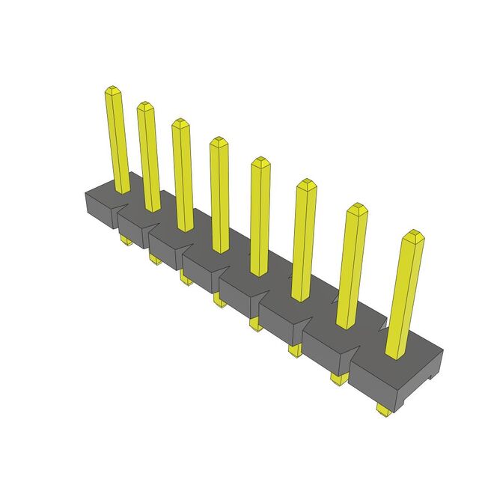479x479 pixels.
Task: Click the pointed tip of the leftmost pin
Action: click(112, 91)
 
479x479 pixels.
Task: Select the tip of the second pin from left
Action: click(144, 106)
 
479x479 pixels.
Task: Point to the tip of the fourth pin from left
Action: click(218, 141)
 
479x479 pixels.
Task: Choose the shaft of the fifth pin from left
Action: click(259, 217)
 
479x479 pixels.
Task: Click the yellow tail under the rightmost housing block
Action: click(382, 409)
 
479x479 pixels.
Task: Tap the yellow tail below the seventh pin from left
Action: click(338, 379)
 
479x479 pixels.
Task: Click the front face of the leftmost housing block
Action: click(97, 211)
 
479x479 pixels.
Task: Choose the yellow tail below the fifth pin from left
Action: click(254, 323)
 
